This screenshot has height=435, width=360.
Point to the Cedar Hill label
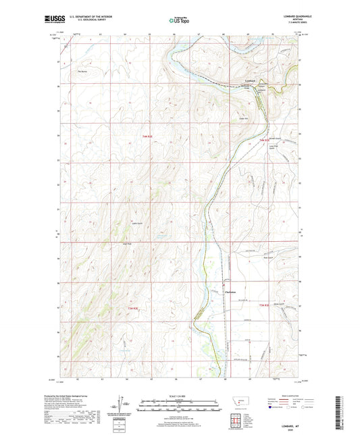pos(245,120)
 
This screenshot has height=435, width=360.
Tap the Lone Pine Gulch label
pos(274,148)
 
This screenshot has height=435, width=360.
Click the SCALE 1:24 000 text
pos(179,395)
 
